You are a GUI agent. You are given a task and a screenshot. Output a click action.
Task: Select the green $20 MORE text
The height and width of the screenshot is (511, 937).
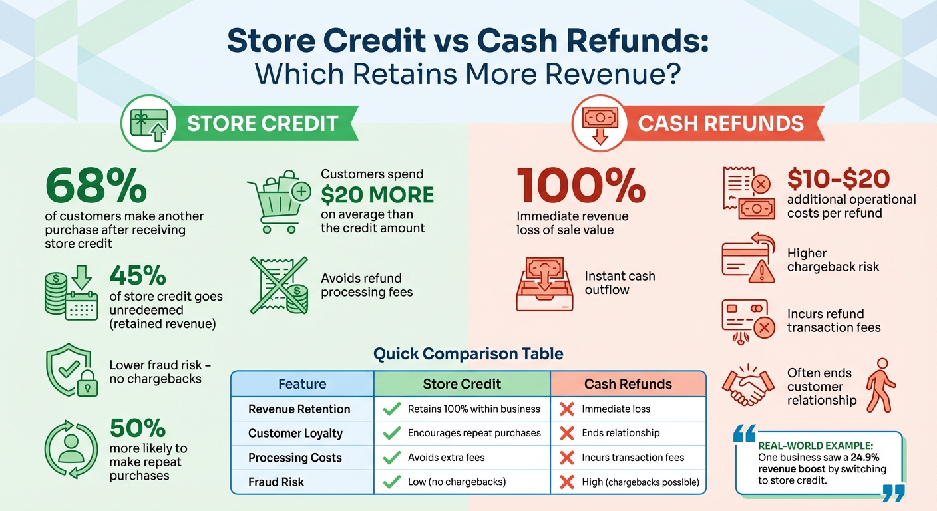(x=377, y=194)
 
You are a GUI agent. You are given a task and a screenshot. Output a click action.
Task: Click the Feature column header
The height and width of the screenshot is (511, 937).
(x=302, y=384)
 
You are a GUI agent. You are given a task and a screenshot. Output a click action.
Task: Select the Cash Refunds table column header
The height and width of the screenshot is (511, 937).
(x=628, y=384)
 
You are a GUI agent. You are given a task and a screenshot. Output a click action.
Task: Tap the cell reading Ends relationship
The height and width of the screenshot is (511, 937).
(x=620, y=433)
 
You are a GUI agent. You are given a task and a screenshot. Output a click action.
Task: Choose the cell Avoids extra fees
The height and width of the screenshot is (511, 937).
(x=446, y=458)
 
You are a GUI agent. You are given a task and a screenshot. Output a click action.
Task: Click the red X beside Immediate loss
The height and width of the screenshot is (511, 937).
(x=567, y=409)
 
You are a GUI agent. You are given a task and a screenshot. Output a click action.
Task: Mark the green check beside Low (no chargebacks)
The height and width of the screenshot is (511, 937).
(x=392, y=482)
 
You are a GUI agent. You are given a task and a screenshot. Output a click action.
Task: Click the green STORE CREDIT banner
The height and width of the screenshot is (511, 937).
(x=263, y=124)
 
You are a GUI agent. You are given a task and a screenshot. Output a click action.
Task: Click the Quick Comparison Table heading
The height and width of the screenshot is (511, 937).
(x=468, y=353)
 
